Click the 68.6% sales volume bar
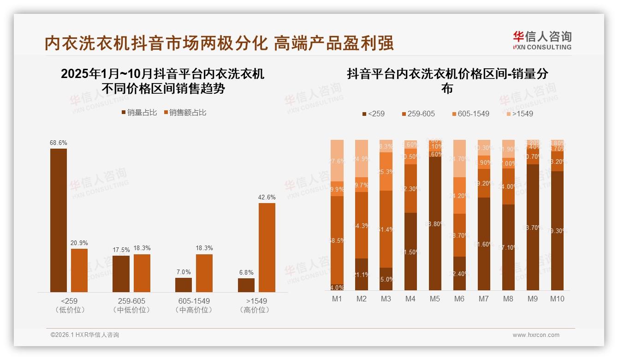pyautogui.click(x=59, y=220)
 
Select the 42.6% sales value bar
pyautogui.click(x=267, y=247)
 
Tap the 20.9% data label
pyautogui.click(x=79, y=243)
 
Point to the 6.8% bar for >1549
pyautogui.click(x=246, y=285)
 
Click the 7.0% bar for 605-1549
pyautogui.click(x=184, y=285)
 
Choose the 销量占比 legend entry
pyautogui.click(x=139, y=112)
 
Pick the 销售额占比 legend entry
pyautogui.click(x=185, y=112)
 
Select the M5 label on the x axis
pyautogui.click(x=435, y=299)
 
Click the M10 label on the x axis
pyautogui.click(x=557, y=299)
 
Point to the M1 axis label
pyautogui.click(x=337, y=299)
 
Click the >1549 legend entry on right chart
pyautogui.click(x=520, y=114)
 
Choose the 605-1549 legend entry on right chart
pyautogui.click(x=470, y=114)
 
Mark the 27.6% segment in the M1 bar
pyautogui.click(x=337, y=161)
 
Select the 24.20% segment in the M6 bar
pyautogui.click(x=459, y=196)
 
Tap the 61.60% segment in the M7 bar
pyautogui.click(x=484, y=244)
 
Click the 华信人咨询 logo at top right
pyautogui.click(x=542, y=41)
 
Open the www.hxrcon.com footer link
pyautogui.click(x=536, y=335)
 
